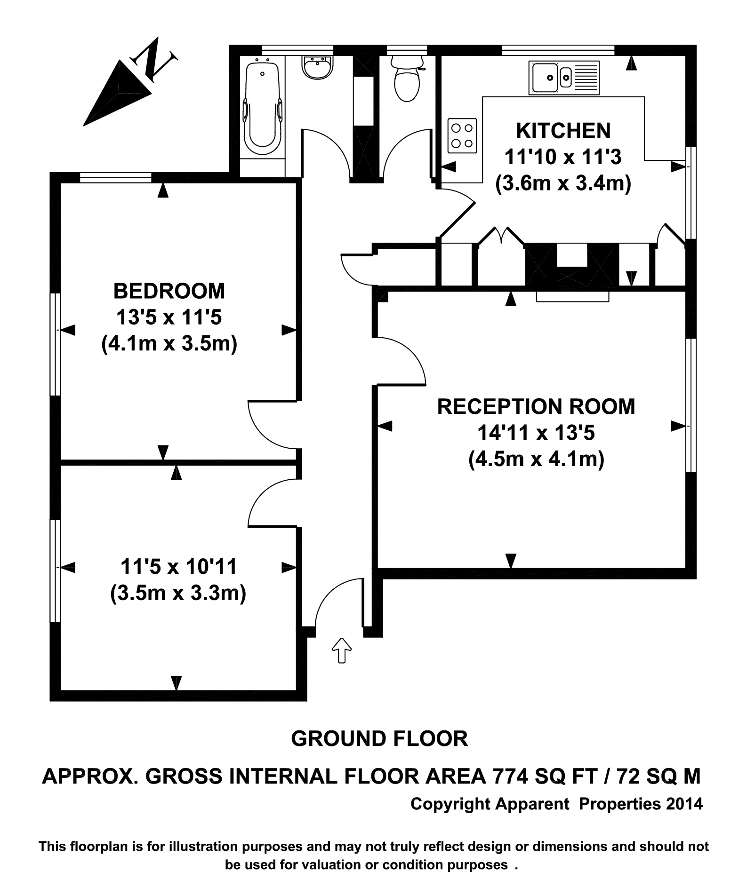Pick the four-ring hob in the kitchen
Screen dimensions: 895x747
coord(462,135)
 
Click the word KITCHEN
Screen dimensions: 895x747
coord(563,131)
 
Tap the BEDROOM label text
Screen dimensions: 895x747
coord(169,291)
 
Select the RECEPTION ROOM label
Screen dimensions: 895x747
coord(536,407)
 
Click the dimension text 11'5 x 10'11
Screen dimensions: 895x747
coord(178,567)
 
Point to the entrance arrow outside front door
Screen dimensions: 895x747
coord(342,650)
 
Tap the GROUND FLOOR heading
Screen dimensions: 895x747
coord(379,739)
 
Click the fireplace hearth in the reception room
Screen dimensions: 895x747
coord(572,296)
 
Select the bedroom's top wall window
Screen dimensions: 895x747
coord(115,177)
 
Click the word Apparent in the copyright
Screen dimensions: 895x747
coord(532,804)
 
